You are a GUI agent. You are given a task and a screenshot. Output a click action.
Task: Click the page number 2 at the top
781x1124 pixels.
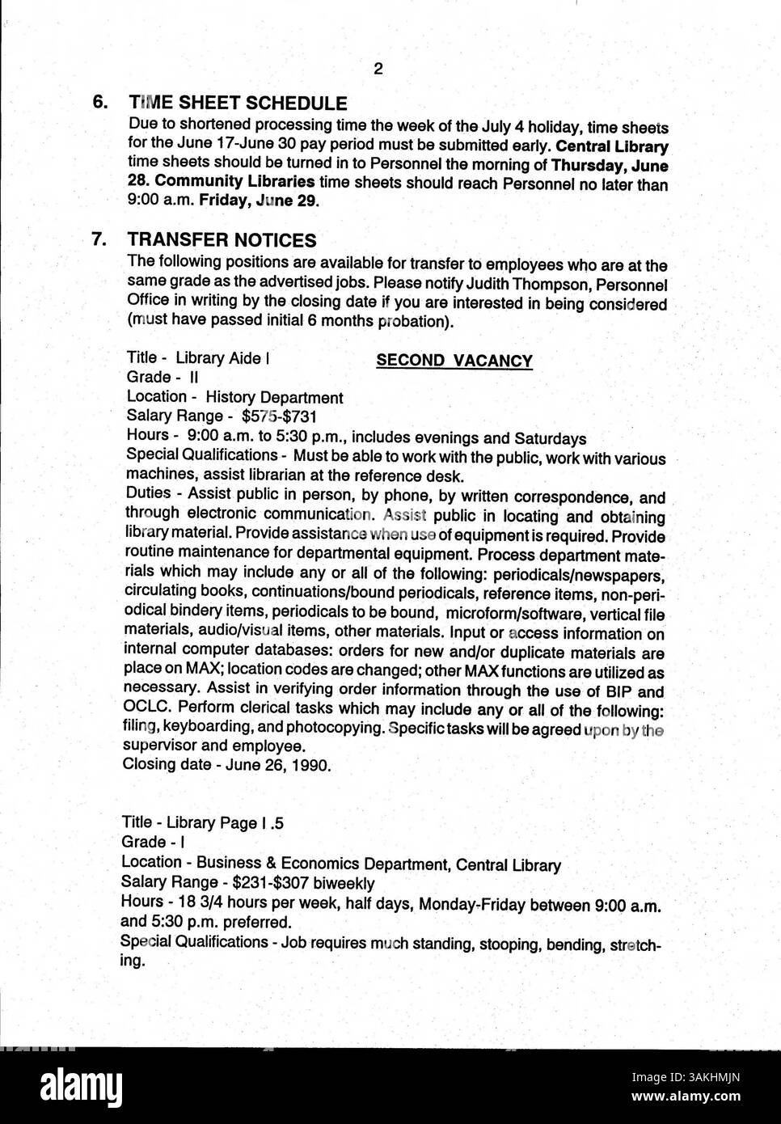(378, 69)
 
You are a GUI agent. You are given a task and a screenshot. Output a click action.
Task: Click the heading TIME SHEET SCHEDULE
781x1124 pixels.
(238, 104)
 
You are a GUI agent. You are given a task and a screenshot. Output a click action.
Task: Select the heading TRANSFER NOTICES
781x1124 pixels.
(222, 240)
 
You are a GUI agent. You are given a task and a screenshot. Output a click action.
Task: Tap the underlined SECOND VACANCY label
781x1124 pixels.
(454, 361)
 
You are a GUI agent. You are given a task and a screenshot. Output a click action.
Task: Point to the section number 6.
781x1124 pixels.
(99, 103)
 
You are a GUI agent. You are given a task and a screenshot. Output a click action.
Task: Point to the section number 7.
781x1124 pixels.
(99, 240)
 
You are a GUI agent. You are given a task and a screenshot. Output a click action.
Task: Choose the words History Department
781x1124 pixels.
(274, 398)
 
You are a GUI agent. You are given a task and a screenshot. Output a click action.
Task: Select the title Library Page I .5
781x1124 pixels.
(226, 824)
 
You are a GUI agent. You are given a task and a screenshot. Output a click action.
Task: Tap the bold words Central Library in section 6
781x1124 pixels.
(623, 147)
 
